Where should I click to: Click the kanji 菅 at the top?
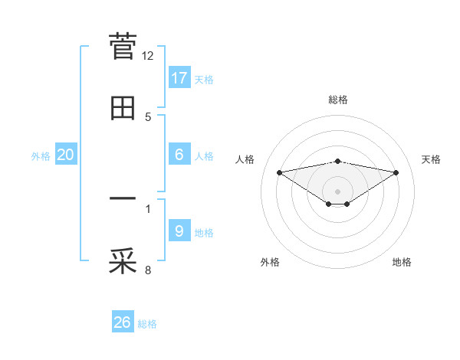(123, 47)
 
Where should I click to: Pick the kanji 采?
(123, 261)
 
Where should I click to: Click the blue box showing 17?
(179, 77)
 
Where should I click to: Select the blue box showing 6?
(179, 155)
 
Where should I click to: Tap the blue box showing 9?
(179, 231)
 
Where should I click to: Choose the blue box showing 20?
(66, 155)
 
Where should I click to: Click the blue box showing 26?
(123, 322)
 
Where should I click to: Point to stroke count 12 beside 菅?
(148, 56)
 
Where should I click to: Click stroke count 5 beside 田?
(148, 116)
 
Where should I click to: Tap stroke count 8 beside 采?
(148, 270)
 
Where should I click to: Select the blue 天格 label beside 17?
(204, 79)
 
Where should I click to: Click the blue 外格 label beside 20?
(41, 156)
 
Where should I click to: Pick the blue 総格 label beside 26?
(147, 324)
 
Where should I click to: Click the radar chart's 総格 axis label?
(338, 100)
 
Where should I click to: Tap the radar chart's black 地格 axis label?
(402, 262)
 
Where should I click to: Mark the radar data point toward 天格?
(396, 172)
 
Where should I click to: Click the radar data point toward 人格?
(279, 172)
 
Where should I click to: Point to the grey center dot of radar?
(338, 191)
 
